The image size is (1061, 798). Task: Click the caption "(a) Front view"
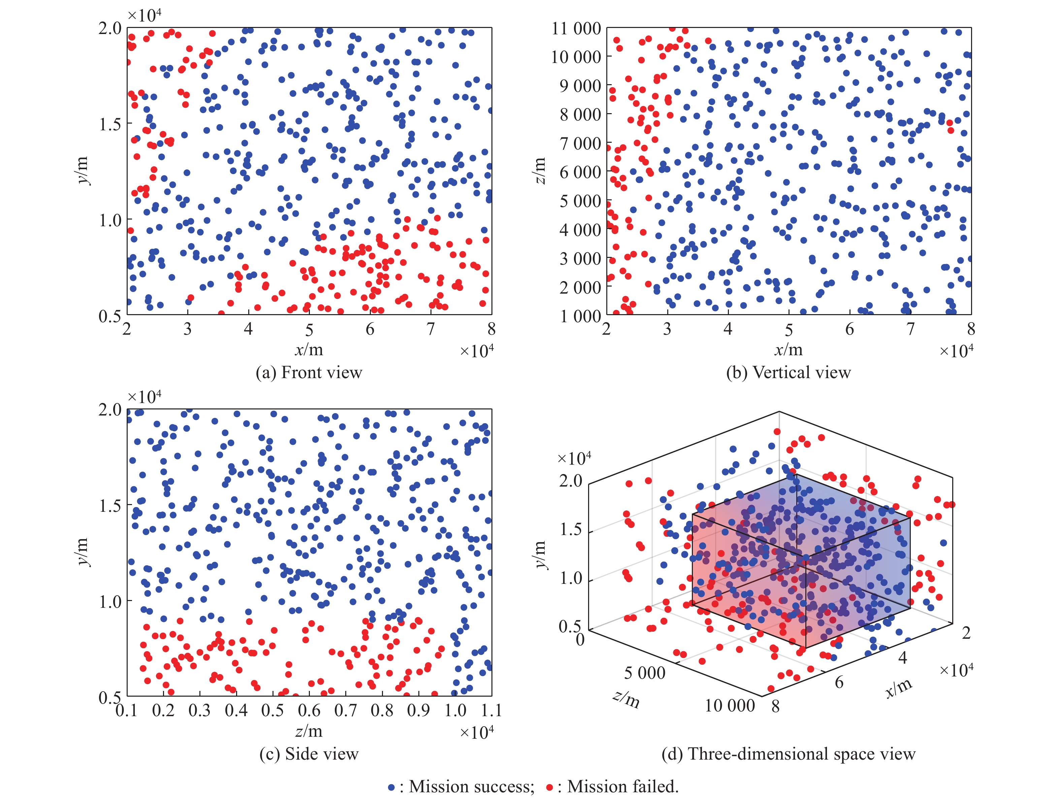coord(309,373)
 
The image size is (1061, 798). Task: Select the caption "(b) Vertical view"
coord(788,373)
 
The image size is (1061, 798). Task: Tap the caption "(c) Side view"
coord(309,754)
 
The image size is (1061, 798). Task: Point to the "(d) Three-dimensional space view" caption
coord(788,754)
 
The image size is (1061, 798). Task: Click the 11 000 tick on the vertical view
coord(576,28)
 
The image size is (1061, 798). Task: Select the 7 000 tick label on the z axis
coord(580,143)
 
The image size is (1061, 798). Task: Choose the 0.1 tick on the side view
coord(127,710)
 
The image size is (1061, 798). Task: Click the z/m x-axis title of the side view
coord(309,731)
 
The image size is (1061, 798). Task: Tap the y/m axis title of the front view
coord(83,171)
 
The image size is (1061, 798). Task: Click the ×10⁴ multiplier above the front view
coord(144,15)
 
